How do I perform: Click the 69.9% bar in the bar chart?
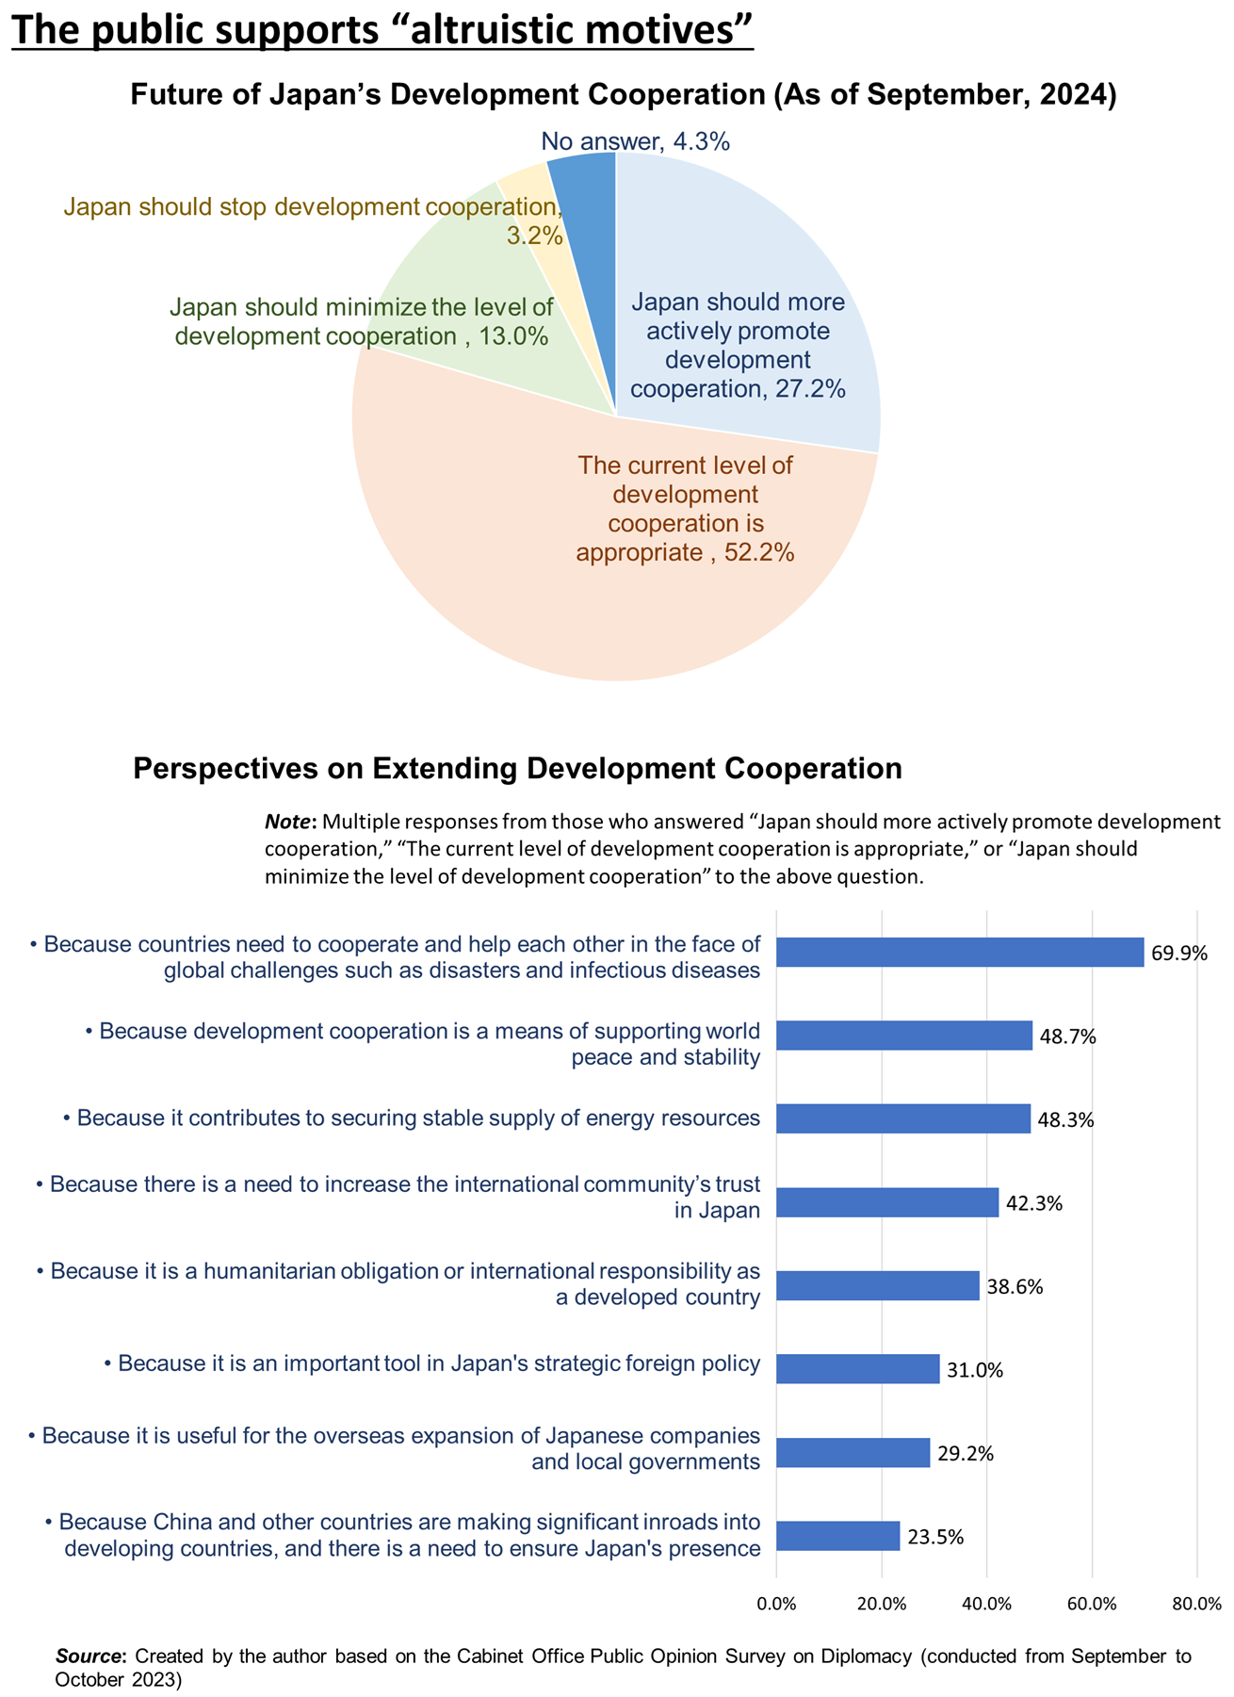(x=959, y=953)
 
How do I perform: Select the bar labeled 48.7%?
(x=903, y=1036)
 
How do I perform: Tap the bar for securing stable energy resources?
(x=902, y=1118)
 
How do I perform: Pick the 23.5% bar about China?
(x=837, y=1536)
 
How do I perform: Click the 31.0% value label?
(x=975, y=1370)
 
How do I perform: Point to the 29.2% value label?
(x=966, y=1453)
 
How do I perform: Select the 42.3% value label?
(x=1034, y=1203)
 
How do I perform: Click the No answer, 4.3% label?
(x=636, y=142)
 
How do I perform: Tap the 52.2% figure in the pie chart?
(x=761, y=551)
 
